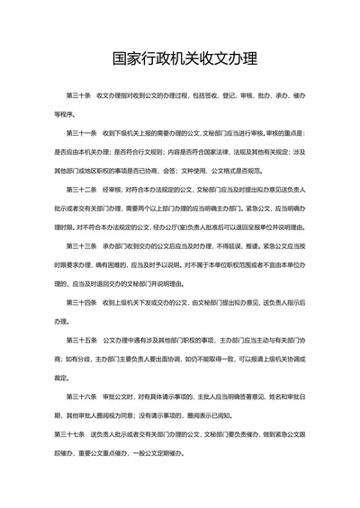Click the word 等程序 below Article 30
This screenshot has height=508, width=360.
pyautogui.click(x=66, y=114)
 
